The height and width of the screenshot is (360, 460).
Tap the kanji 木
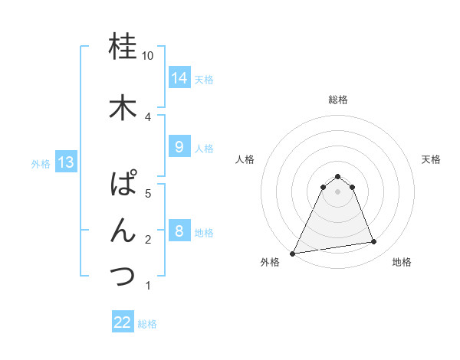tap(123, 107)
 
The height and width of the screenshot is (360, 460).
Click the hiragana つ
tap(123, 276)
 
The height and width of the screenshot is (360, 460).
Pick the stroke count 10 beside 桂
tap(148, 56)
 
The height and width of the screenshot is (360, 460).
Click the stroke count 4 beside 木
tap(148, 116)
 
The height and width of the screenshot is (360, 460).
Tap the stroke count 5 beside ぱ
tap(148, 193)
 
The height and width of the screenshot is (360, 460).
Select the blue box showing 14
tap(179, 78)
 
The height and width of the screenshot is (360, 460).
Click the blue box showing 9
tap(179, 147)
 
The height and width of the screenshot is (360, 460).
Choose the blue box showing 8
tap(179, 231)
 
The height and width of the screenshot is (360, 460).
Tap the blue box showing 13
tap(65, 162)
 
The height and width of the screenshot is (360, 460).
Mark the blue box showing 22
tap(123, 322)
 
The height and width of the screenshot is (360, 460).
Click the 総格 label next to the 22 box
tap(147, 324)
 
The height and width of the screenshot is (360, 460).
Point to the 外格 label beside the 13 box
tap(40, 163)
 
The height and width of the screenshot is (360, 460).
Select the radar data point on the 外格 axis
tap(293, 254)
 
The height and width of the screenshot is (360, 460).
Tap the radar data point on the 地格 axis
tap(374, 242)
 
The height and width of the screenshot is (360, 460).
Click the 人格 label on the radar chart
tap(245, 159)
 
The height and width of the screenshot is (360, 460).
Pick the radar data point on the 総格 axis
tap(337, 176)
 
